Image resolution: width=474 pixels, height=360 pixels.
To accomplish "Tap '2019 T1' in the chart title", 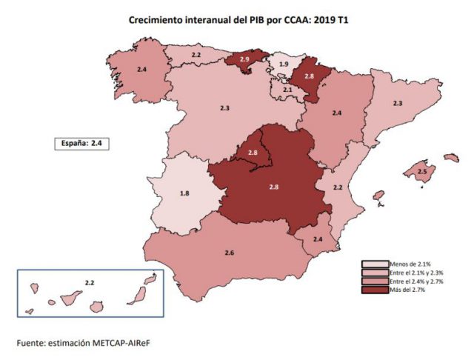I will [x=330, y=20].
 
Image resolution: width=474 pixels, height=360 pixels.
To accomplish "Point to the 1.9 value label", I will [x=283, y=65].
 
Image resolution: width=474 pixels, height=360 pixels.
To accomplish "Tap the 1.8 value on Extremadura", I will [x=185, y=193].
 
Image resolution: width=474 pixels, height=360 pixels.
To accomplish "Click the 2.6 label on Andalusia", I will [x=229, y=254].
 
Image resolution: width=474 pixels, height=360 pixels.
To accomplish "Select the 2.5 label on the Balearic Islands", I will [x=421, y=172].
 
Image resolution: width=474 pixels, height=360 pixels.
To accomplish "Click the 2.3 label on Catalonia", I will [x=397, y=104].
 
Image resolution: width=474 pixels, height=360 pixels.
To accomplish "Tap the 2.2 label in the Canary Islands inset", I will [x=89, y=283].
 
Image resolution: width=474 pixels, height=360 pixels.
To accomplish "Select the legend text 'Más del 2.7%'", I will [x=407, y=289].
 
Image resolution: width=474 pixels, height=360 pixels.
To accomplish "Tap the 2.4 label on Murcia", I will [x=318, y=239].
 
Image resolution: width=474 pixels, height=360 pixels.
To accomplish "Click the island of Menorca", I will [x=451, y=157].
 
